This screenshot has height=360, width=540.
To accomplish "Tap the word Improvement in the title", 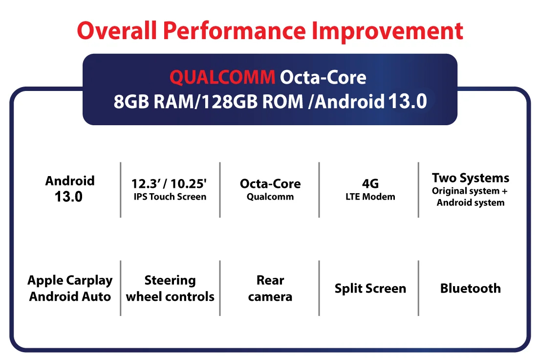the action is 388,31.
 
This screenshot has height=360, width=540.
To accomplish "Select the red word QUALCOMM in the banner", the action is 222,77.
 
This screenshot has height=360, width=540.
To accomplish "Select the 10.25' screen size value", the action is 188,184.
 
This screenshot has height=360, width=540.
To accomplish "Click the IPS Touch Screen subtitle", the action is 170,197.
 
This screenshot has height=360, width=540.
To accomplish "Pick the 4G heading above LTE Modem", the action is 370,184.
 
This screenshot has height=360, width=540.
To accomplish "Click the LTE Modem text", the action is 370,197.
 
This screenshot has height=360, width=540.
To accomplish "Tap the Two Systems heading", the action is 471,178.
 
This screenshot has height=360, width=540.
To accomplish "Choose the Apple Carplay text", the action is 70,281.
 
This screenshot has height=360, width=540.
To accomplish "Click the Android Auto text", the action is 70,296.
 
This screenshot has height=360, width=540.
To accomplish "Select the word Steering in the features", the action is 170,281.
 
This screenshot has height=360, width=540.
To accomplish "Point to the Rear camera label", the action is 270,288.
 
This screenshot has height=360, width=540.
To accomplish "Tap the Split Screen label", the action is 370,289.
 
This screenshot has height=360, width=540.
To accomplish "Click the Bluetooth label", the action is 471,288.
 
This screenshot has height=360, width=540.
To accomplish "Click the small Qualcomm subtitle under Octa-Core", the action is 270,197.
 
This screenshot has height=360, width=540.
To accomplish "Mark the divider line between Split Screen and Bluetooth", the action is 418,288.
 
